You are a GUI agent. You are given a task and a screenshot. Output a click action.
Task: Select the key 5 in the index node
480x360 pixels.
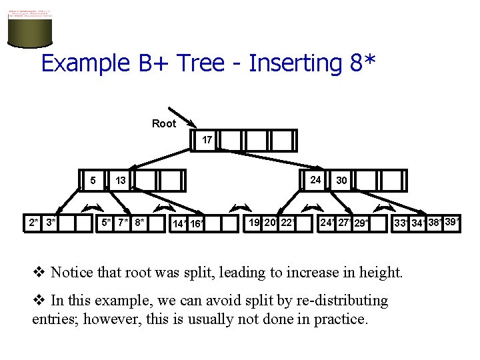click(94, 179)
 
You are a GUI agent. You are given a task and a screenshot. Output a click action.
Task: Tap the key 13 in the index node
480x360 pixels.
click(121, 180)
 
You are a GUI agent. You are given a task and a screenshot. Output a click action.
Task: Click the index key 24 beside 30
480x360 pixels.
click(316, 179)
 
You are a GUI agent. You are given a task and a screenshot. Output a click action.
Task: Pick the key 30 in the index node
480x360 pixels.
click(341, 180)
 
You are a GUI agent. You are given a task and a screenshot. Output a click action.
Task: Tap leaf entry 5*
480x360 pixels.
click(107, 222)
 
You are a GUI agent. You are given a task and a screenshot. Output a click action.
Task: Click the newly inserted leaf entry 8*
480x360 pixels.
click(139, 222)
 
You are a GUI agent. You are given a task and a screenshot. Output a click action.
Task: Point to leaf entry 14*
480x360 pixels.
click(179, 224)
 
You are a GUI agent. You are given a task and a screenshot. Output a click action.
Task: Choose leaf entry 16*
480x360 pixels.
click(197, 224)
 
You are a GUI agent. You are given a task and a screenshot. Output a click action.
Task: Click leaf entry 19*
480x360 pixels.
click(255, 222)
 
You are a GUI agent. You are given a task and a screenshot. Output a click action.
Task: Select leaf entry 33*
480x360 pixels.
click(401, 223)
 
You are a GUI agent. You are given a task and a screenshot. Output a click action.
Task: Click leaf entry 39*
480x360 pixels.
click(452, 221)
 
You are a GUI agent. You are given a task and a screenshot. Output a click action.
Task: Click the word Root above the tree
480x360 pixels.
click(164, 123)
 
